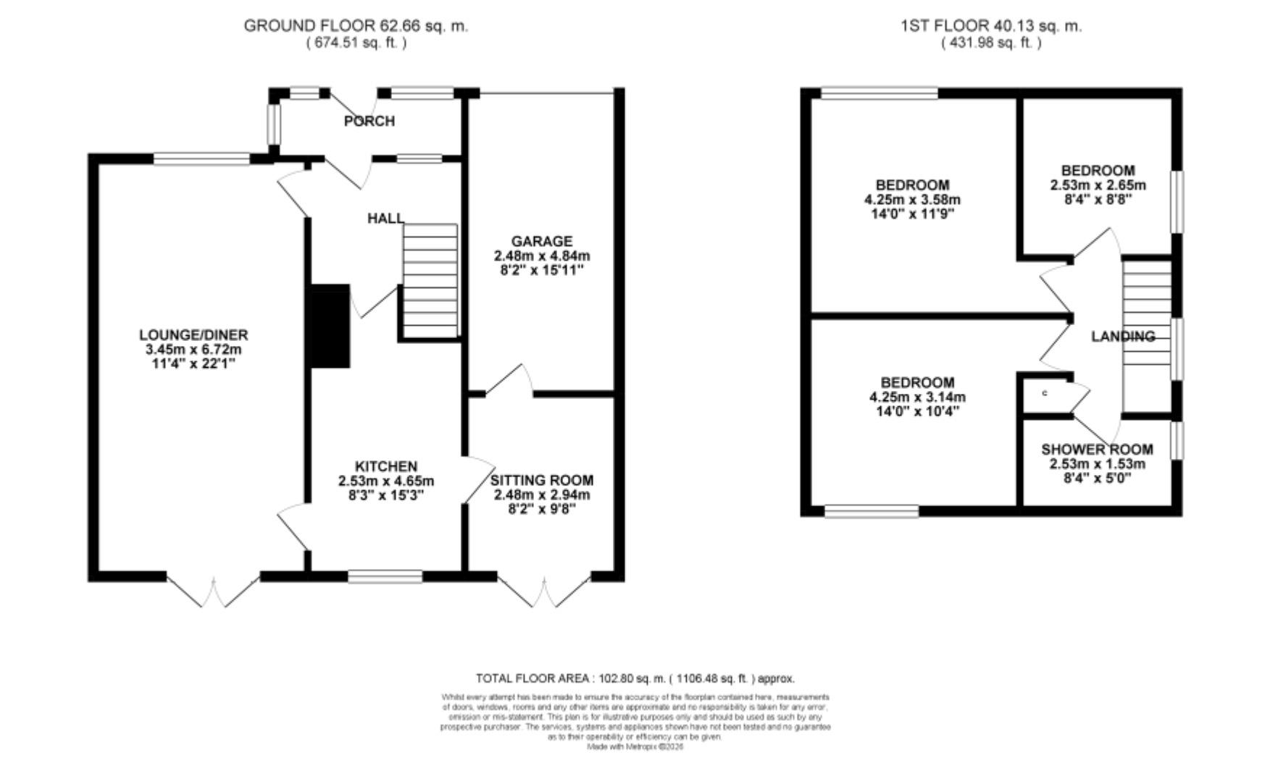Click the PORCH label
[369, 121]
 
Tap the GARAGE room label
[541, 241]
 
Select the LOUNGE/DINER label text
[193, 334]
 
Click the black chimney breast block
[330, 326]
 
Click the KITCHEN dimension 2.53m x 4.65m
[385, 481]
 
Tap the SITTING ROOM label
[541, 480]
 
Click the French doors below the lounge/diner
[214, 590]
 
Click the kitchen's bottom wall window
[385, 576]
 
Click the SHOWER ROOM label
[1097, 449]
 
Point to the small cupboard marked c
[1045, 393]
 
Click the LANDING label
[1122, 336]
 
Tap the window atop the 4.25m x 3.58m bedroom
[879, 93]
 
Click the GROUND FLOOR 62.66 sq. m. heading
[356, 26]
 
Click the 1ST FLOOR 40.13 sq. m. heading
[990, 26]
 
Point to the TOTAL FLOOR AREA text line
[635, 678]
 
